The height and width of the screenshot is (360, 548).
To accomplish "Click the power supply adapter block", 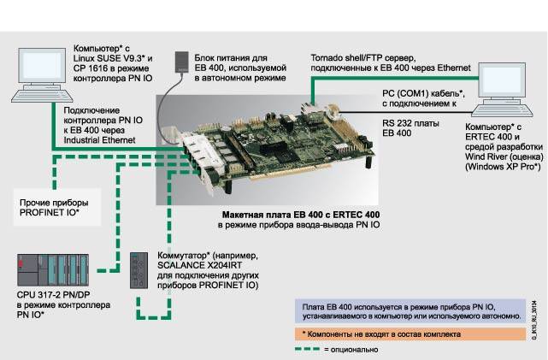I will (x=180, y=63).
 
